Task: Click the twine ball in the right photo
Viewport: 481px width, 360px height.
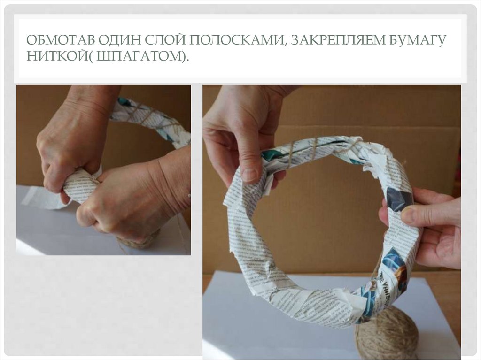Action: (386, 334)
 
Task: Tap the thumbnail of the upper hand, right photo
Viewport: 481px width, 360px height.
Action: (249, 175)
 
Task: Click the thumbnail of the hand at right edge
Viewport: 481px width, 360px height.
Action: (407, 215)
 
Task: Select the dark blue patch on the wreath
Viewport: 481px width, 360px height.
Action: (399, 199)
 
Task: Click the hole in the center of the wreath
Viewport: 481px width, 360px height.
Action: (319, 221)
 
